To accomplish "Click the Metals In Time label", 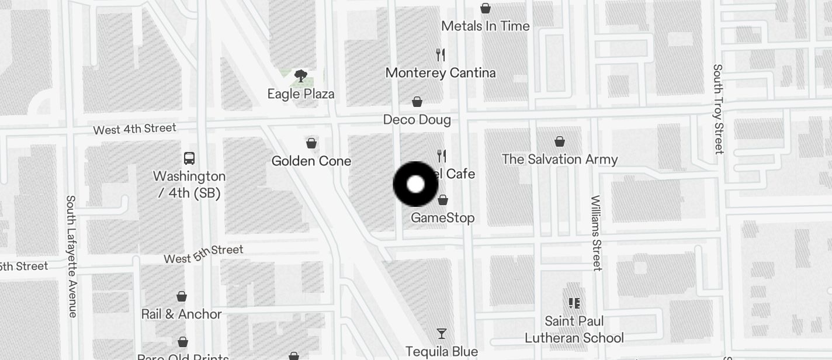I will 485,26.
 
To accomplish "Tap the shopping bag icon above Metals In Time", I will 485,8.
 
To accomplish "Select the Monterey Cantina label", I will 441,73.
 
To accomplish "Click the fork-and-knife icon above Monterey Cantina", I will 441,55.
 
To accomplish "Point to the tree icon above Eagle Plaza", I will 301,75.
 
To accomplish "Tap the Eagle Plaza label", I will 301,94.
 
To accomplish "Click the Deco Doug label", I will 417,120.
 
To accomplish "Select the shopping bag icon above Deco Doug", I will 417,102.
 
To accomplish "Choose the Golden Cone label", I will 311,161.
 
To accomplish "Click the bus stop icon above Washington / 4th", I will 189,158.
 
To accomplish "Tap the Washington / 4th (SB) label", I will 189,184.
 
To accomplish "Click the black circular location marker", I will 415,184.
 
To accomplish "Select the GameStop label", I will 443,218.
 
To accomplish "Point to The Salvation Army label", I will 560,160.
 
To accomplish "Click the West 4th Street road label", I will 134,129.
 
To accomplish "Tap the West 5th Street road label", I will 203,254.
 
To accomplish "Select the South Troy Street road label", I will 718,109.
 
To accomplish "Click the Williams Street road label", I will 595,233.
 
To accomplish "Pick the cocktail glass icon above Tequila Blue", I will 442,334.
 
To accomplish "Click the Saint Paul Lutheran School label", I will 574,330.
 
